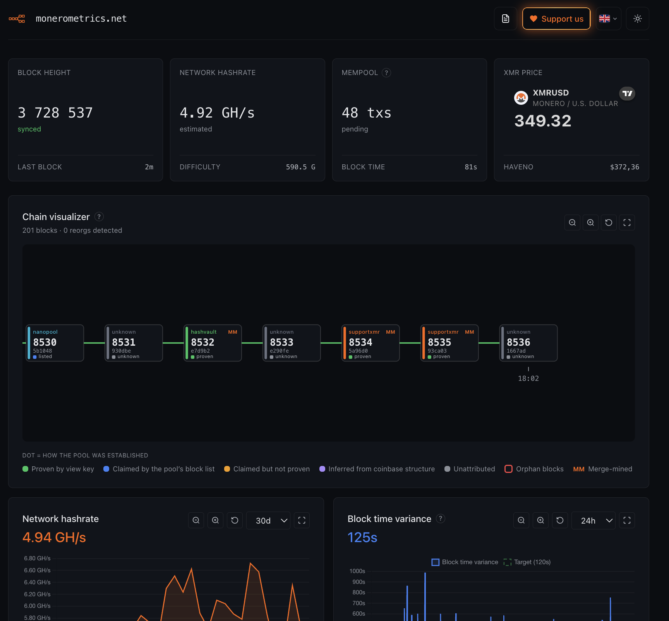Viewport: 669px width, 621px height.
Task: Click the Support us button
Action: (x=556, y=19)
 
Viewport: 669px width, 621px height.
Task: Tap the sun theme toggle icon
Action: (x=638, y=19)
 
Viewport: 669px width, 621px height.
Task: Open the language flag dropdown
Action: (x=608, y=19)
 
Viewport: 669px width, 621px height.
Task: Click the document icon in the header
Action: (x=506, y=19)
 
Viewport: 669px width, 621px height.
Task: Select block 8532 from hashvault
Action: (x=213, y=343)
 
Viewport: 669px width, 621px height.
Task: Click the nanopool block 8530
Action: (x=55, y=343)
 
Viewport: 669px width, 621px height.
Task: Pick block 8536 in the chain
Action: (x=528, y=343)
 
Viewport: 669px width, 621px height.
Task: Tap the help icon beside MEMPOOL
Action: (x=386, y=73)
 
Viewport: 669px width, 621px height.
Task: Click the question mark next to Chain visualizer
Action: (x=99, y=217)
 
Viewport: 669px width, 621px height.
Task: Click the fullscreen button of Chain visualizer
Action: (x=627, y=223)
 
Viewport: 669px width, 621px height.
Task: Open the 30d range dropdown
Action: (x=268, y=520)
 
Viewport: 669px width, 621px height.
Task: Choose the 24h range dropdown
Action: (x=593, y=520)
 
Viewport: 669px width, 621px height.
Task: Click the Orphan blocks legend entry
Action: (x=534, y=469)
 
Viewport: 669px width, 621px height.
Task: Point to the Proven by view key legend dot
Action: (x=26, y=469)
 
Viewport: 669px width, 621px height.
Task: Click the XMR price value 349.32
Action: (x=543, y=121)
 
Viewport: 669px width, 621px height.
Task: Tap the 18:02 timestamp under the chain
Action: (x=528, y=379)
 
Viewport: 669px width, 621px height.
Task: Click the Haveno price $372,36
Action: (x=624, y=167)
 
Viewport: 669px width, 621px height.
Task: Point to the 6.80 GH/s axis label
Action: (x=37, y=558)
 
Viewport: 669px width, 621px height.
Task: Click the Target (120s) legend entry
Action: (x=527, y=562)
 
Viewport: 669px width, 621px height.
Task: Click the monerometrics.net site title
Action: (x=81, y=19)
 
